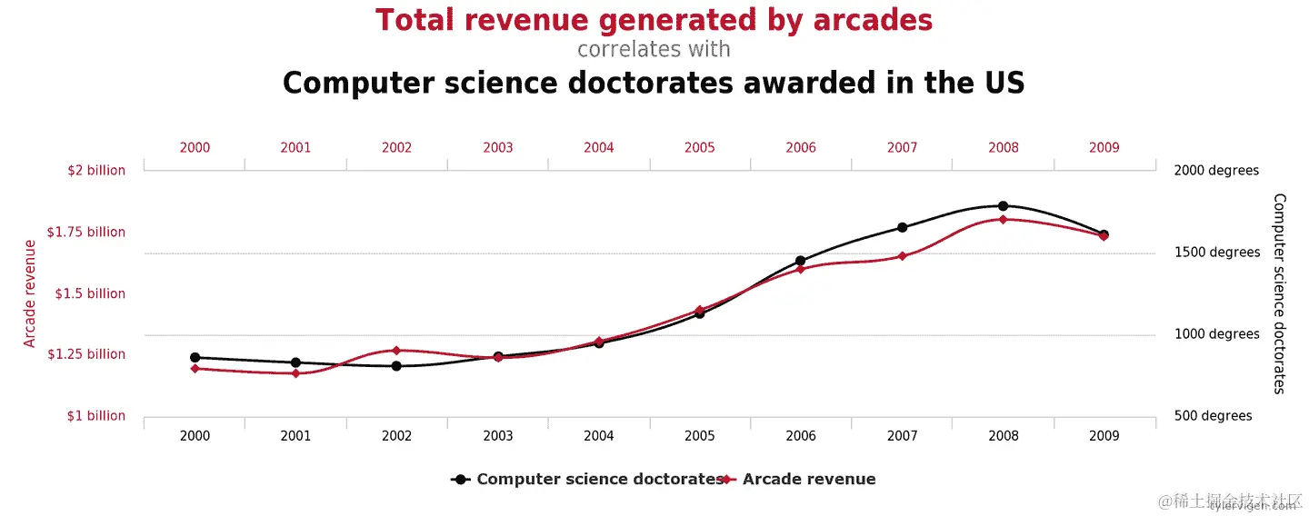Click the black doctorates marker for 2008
[x=1003, y=206]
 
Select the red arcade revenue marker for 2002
[x=396, y=351]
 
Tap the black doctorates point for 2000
[x=195, y=358]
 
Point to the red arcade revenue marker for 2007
[x=902, y=256]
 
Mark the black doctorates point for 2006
[x=801, y=262]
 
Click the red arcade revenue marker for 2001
[x=295, y=373]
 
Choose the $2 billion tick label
[x=96, y=171]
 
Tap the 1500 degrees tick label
[x=1217, y=253]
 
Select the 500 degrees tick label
[x=1213, y=416]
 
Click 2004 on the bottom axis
[x=599, y=436]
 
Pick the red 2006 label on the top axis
[x=801, y=147]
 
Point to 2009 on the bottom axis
[x=1104, y=436]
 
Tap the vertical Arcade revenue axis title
[x=30, y=293]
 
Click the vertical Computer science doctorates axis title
[x=1279, y=293]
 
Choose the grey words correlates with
[x=654, y=48]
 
